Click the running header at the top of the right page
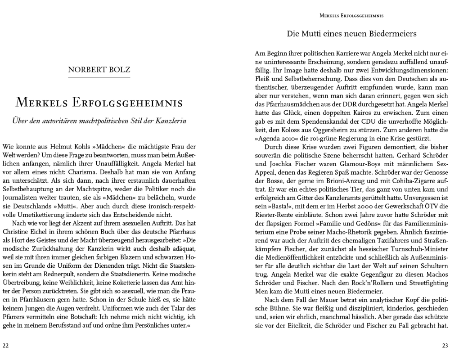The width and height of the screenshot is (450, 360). (351, 15)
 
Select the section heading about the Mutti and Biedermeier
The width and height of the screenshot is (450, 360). (351, 34)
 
